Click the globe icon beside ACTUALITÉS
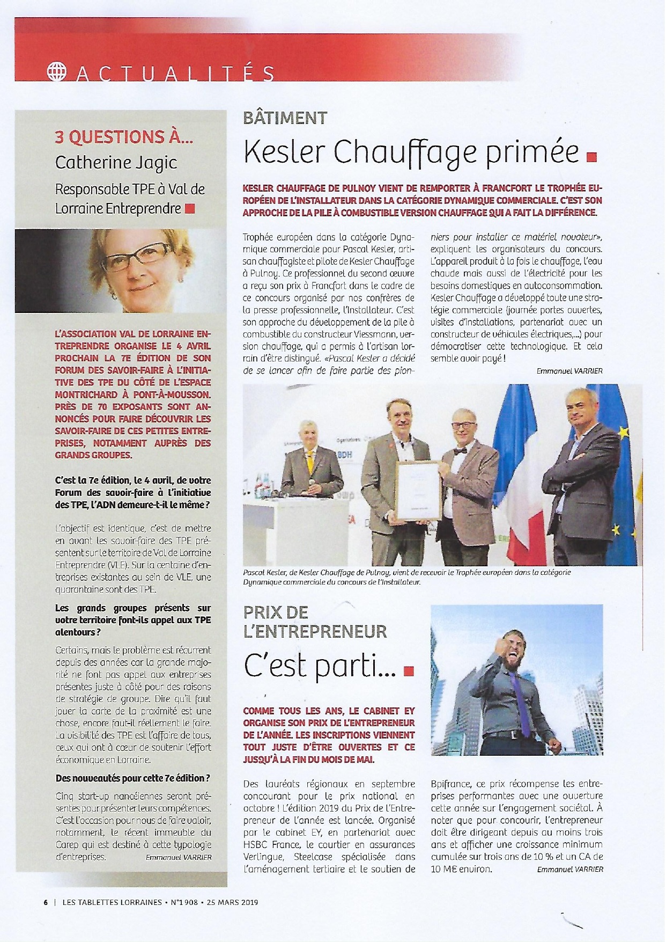(x=55, y=73)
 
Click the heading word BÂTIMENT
(x=285, y=118)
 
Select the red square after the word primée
(x=592, y=157)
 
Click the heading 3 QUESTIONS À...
(x=124, y=137)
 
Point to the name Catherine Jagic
(x=116, y=162)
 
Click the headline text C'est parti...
(x=321, y=667)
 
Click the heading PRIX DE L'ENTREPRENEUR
(x=315, y=622)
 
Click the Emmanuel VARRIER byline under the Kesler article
(x=569, y=371)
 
